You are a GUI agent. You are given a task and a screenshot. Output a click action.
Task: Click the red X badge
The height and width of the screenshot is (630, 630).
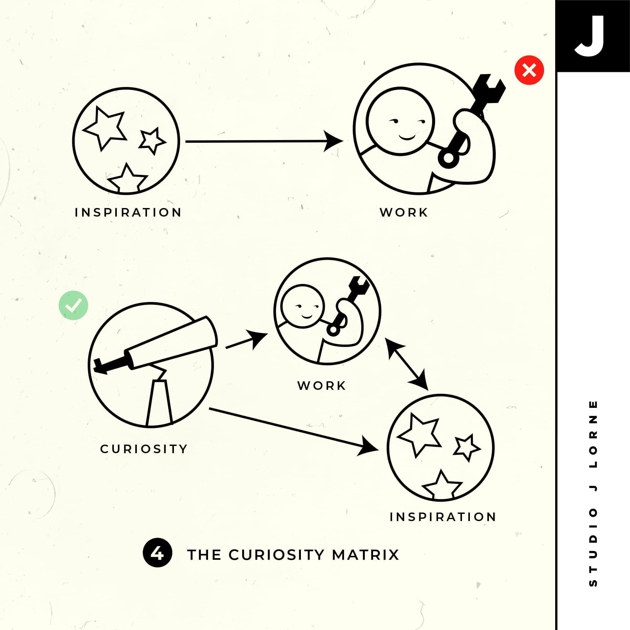(529, 70)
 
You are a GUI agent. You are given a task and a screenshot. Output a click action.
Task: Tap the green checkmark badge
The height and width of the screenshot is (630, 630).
(73, 305)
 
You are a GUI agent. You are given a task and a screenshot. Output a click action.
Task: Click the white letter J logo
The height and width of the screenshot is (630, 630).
(589, 36)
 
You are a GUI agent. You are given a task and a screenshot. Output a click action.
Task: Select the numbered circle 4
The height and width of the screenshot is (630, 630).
(157, 554)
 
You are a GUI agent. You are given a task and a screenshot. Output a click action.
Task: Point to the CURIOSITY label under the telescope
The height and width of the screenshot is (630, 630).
(144, 449)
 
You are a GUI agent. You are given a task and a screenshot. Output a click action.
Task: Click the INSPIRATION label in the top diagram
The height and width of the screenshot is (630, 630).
(128, 212)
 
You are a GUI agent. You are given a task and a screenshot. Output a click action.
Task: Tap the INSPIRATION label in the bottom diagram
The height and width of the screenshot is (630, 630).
(443, 517)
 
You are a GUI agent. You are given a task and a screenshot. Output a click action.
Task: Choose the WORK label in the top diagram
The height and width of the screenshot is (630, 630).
(404, 212)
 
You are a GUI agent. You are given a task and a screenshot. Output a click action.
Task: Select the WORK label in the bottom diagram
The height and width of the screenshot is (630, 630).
(322, 386)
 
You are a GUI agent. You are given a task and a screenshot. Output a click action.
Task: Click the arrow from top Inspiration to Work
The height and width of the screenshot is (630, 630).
(264, 141)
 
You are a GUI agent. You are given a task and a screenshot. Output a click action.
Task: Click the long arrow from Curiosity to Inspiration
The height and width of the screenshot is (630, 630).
(294, 430)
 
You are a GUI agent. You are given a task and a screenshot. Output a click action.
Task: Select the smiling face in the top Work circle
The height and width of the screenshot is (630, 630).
(400, 121)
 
